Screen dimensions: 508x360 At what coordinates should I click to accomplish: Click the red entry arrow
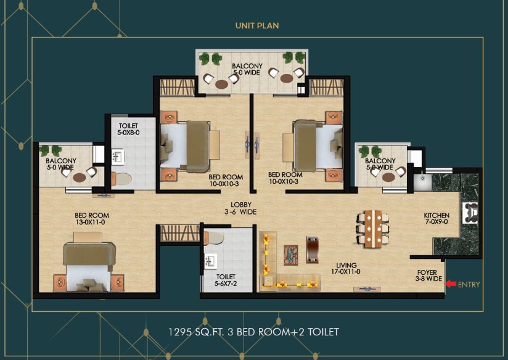click(451, 284)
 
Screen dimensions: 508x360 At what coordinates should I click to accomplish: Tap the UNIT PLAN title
click(257, 26)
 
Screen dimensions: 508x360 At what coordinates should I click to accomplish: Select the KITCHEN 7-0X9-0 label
click(436, 218)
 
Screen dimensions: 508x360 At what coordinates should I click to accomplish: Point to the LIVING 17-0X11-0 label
click(346, 268)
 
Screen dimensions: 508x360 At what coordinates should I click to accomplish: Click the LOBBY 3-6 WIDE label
click(240, 208)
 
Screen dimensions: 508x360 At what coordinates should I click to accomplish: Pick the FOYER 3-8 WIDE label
click(428, 276)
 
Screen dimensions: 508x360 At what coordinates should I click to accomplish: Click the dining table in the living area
click(373, 229)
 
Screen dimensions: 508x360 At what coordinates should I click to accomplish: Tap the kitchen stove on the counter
click(470, 213)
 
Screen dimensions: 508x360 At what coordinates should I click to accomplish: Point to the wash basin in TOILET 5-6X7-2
click(210, 261)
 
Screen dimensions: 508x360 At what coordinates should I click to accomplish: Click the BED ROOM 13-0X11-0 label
click(92, 219)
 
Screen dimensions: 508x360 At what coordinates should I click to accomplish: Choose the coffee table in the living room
click(290, 255)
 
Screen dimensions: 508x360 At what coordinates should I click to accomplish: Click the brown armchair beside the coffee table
click(312, 250)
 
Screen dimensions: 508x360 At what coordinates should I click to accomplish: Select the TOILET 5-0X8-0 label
click(128, 129)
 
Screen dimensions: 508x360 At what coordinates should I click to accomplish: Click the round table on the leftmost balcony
click(80, 178)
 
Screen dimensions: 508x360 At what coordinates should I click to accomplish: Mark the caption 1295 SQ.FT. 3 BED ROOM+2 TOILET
click(253, 332)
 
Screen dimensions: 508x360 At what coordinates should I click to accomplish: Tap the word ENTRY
click(469, 285)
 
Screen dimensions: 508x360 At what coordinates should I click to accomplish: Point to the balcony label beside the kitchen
click(380, 164)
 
